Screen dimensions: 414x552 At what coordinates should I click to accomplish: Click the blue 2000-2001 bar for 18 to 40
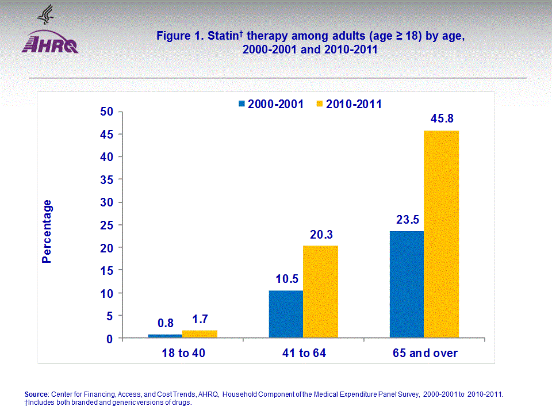pyautogui.click(x=165, y=336)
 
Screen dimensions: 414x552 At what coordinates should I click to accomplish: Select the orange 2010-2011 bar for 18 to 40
pyautogui.click(x=200, y=334)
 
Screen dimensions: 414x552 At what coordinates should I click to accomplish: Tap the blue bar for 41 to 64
pyautogui.click(x=286, y=315)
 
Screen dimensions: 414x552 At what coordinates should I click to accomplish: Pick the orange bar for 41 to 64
pyautogui.click(x=320, y=292)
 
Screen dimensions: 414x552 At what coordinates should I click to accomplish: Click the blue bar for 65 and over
pyautogui.click(x=407, y=285)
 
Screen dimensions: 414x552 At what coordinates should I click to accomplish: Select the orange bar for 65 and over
pyautogui.click(x=441, y=235)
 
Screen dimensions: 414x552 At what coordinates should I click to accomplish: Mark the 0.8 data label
pyautogui.click(x=165, y=324)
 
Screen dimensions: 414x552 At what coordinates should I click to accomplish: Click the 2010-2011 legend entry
pyautogui.click(x=349, y=104)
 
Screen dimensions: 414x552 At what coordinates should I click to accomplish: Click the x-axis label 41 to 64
pyautogui.click(x=304, y=353)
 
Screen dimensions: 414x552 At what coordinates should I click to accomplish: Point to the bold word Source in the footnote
pyautogui.click(x=37, y=394)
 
